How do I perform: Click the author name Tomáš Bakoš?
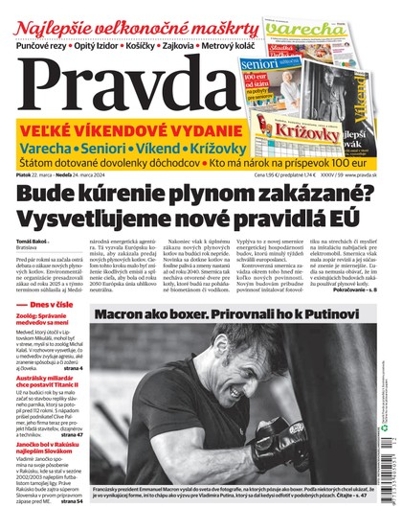(x=29, y=242)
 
